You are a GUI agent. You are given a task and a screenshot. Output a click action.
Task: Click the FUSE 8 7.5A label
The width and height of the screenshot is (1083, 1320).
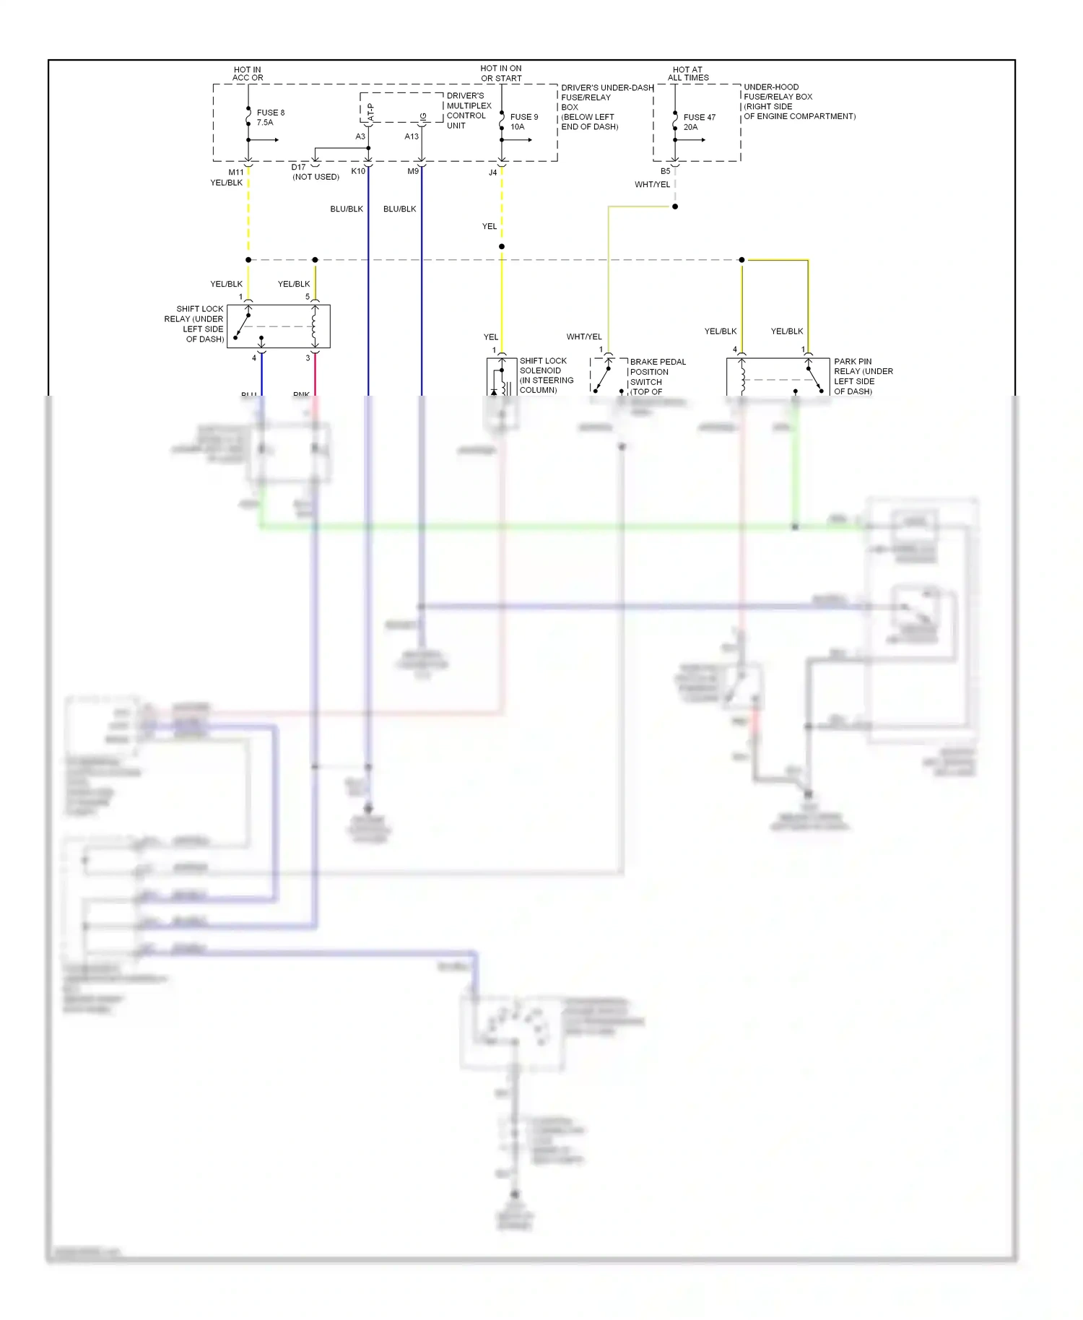[x=270, y=117]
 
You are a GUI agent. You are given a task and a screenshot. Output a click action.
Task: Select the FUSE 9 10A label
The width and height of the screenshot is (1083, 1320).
[x=523, y=121]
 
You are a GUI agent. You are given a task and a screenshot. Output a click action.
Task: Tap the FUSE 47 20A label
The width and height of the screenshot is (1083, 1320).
[x=699, y=121]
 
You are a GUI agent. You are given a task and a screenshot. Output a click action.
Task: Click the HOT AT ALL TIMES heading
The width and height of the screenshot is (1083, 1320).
[x=687, y=74]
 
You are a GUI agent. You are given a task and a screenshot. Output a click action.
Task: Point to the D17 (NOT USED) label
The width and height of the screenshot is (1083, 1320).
[x=315, y=172]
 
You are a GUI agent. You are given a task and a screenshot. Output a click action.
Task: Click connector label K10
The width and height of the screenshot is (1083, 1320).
[x=358, y=171]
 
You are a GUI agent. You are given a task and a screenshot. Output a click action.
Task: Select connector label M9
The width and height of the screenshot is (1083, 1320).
[x=413, y=171]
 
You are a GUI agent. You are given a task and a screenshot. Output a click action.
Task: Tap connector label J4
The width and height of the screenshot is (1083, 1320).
[x=492, y=173]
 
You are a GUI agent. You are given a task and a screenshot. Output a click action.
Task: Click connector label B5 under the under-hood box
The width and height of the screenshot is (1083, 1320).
[x=665, y=171]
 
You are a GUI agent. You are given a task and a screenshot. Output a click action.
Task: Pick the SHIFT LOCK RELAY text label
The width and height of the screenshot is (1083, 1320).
[x=193, y=324]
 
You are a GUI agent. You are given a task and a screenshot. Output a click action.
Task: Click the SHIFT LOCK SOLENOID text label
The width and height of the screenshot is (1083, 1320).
[x=546, y=375]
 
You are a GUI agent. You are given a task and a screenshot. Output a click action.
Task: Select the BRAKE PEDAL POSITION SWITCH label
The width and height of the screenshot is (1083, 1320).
[x=657, y=376]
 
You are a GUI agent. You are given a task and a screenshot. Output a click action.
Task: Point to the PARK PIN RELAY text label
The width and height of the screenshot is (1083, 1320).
[x=863, y=376]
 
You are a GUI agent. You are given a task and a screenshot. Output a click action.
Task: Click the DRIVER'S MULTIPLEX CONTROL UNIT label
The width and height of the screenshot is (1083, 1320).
[x=469, y=110]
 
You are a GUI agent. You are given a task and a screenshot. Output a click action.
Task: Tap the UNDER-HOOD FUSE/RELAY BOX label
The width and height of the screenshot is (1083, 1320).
[x=799, y=101]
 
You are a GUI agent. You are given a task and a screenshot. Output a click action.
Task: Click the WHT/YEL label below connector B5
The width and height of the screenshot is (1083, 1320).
[x=652, y=184]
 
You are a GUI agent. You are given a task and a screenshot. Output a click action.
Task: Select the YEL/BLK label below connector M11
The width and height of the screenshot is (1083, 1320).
[x=226, y=183]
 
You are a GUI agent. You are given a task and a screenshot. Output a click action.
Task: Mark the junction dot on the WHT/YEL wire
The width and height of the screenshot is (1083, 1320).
[x=675, y=207]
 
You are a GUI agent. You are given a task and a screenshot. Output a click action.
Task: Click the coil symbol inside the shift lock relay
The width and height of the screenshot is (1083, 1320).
[x=314, y=326]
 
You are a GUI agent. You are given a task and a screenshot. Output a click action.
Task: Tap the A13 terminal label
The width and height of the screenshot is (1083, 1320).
[x=411, y=136]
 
